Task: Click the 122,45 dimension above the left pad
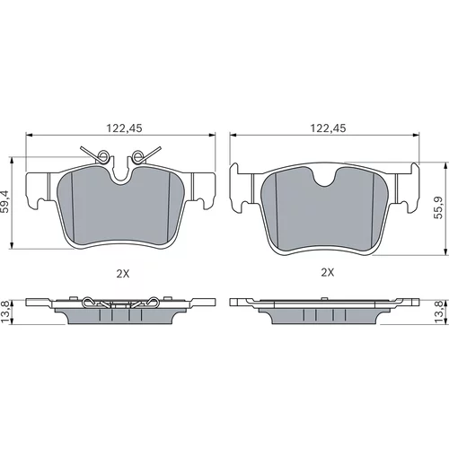pos(124,128)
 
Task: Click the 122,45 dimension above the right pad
pos(328,128)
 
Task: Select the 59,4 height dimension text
pos(4,202)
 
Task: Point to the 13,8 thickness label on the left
pos(4,312)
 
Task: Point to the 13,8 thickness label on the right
pos(439,312)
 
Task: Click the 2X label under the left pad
pos(123,273)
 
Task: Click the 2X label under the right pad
pos(328,272)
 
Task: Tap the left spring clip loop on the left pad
pos(103,155)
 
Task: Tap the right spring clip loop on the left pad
pos(137,155)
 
